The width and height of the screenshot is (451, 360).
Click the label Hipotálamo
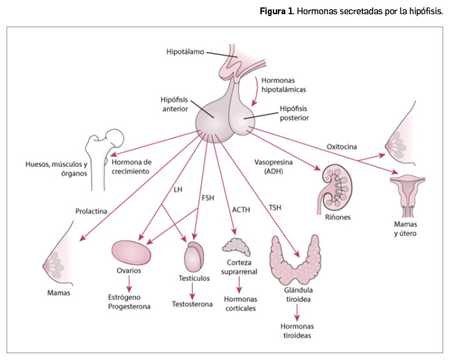click(x=185, y=51)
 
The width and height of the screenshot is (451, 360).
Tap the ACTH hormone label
click(x=241, y=210)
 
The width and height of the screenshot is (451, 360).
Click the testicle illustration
click(x=194, y=255)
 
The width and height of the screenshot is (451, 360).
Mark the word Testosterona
click(x=193, y=305)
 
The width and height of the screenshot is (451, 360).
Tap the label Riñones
click(x=337, y=218)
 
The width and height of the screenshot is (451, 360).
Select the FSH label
click(x=208, y=198)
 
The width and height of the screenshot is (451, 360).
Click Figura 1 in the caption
click(x=277, y=12)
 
